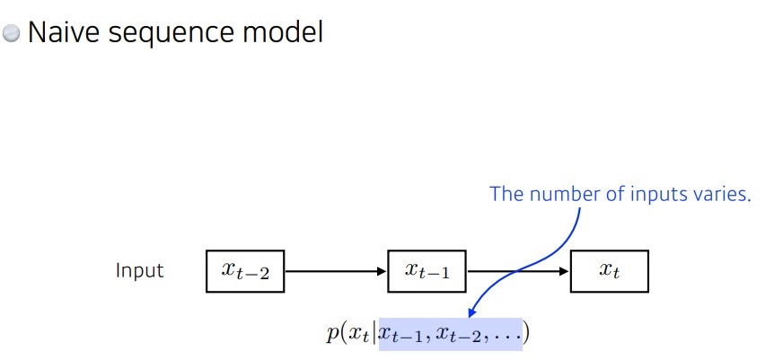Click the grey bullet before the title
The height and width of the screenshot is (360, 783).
12,34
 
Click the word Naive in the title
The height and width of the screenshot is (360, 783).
62,33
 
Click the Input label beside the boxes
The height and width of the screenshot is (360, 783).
139,270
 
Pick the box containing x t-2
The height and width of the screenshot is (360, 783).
244,271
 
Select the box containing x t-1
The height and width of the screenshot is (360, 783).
427,271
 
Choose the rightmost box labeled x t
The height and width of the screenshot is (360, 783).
609,271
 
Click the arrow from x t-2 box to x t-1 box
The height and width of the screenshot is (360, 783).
335,271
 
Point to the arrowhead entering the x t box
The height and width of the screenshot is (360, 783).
565,271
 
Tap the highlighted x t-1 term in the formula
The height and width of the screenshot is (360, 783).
399,336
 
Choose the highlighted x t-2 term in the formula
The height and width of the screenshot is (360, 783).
456,336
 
